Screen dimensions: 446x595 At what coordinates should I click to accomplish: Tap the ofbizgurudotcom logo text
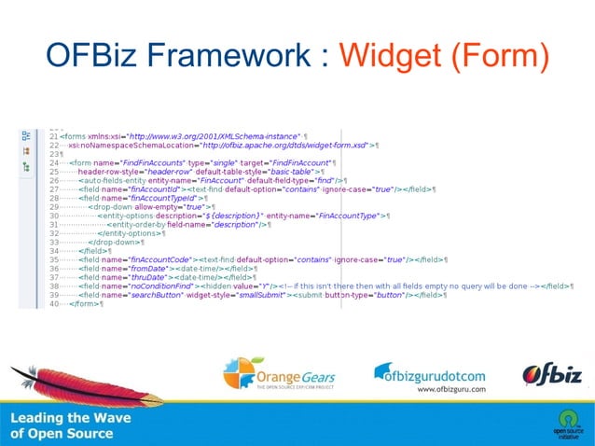[430, 373]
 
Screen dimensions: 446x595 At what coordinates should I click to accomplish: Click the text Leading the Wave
[71, 418]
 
